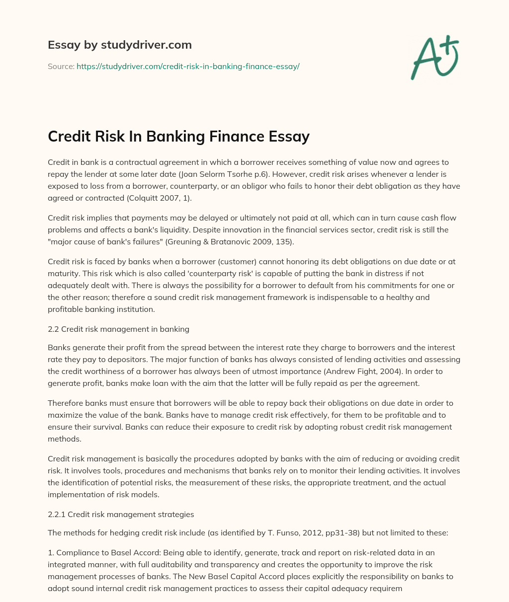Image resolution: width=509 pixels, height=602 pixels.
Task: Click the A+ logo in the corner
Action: tap(433, 58)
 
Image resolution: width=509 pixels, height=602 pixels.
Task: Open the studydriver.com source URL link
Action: tap(188, 66)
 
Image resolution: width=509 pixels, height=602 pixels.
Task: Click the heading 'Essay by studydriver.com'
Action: tap(120, 45)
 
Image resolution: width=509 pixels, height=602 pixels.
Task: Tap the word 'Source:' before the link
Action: tap(61, 66)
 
